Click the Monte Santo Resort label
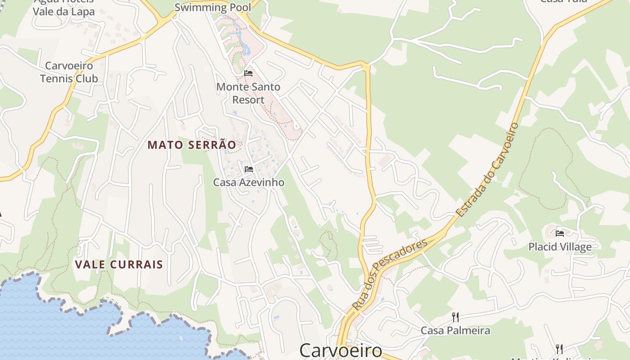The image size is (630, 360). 248,93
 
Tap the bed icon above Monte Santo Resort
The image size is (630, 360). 248,73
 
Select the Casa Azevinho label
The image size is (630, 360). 248,182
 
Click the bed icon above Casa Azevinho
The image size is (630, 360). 248,169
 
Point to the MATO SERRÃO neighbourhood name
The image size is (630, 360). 192,145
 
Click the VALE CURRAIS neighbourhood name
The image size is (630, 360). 119,264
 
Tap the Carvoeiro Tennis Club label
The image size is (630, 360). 69,72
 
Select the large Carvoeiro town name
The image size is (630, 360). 341,350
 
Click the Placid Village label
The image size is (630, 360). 560,247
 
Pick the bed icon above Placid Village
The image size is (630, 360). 560,233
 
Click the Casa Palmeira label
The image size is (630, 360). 455,331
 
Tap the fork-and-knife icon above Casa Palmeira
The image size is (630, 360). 455,317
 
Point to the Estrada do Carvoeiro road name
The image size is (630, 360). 488,169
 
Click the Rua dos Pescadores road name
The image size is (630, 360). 390,274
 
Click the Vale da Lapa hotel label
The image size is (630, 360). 64,11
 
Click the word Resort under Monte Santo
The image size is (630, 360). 248,99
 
